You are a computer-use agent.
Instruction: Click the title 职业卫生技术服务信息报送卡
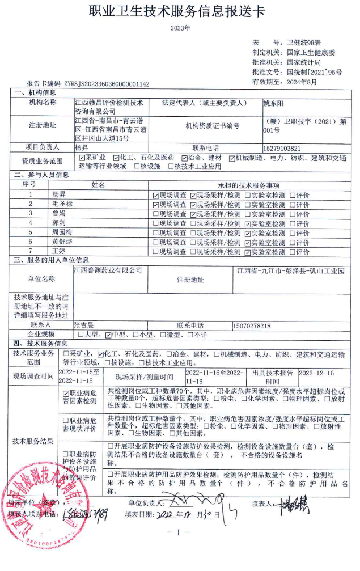[x=179, y=11]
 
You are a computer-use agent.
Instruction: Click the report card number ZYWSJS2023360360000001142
[x=107, y=83]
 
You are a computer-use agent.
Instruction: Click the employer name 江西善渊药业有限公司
[x=108, y=270]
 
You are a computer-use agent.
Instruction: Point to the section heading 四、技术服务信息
[x=41, y=344]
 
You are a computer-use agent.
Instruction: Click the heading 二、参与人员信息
[x=41, y=175]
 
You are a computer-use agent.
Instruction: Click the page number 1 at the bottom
[x=179, y=532]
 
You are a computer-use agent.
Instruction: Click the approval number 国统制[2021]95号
[x=314, y=73]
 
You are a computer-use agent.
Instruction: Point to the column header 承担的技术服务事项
[x=248, y=185]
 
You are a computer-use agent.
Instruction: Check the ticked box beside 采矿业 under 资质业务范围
[x=82, y=158]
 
